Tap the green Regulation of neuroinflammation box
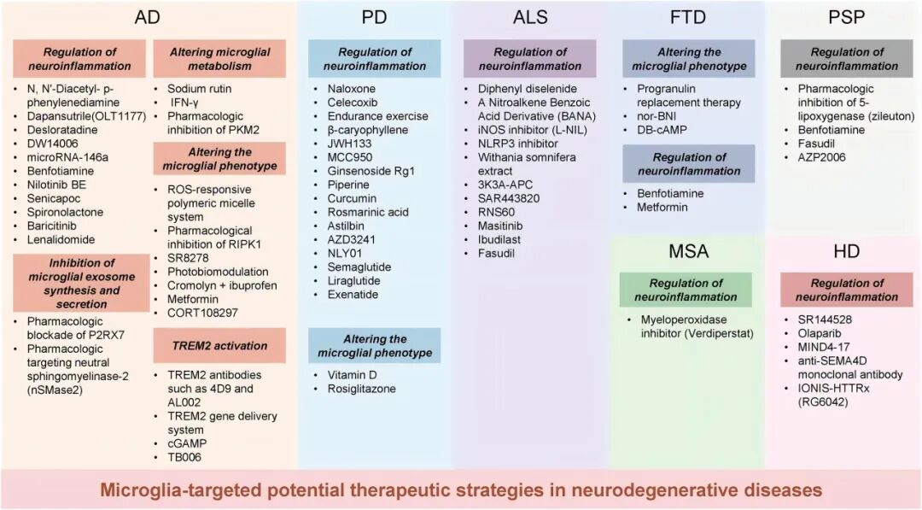[686, 290]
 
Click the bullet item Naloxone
[352, 89]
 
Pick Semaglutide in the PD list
[359, 267]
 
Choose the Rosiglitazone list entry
[361, 389]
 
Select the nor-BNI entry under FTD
[657, 116]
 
